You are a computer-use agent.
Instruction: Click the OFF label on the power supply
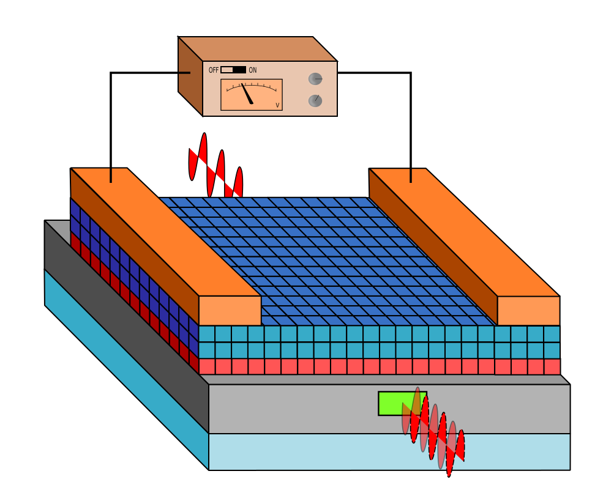tap(213, 70)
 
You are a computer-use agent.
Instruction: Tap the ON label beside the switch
tap(253, 70)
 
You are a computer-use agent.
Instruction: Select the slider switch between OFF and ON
tap(233, 70)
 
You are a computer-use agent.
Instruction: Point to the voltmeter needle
tap(247, 94)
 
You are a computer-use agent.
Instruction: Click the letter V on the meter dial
tap(277, 105)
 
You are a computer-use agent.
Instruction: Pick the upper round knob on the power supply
tap(315, 79)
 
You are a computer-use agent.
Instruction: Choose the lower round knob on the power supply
tap(315, 100)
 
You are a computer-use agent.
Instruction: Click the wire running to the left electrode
tap(111, 122)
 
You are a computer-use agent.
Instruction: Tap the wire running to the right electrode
tap(410, 122)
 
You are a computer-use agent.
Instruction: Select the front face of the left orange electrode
tap(230, 311)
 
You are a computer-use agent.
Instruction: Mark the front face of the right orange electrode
tap(528, 311)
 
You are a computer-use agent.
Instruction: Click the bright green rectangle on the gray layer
tap(392, 403)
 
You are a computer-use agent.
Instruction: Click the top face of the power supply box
tap(257, 49)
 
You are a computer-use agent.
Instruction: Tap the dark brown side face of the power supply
tap(190, 76)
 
